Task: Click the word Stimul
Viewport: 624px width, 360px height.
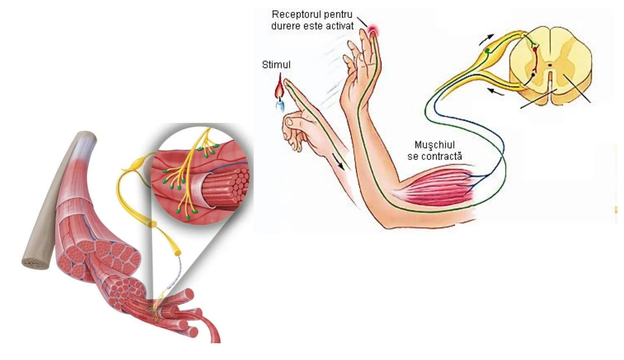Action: tap(276, 65)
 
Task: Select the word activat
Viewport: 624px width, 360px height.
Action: tap(338, 26)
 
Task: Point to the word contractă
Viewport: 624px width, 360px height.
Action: tap(442, 156)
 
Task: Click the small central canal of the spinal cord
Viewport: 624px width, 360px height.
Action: tap(550, 64)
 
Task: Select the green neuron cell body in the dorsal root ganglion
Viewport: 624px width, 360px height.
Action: tap(488, 51)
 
